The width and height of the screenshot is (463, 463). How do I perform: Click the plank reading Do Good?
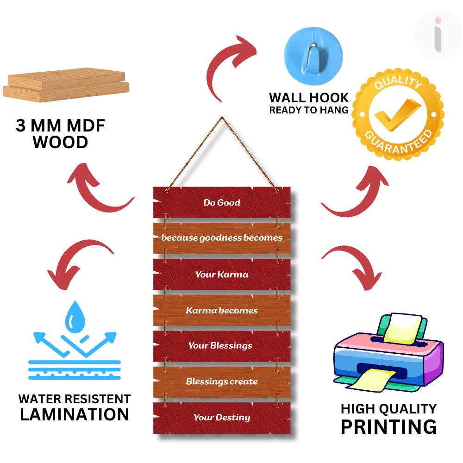pos(222,202)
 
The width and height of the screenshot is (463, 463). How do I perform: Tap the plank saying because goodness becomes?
pos(222,238)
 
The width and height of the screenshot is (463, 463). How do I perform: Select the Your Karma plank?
pos(222,274)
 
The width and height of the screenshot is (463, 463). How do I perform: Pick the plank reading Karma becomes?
pos(222,310)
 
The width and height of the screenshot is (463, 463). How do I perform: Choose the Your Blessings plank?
pos(222,345)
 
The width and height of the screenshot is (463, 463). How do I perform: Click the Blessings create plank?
pos(222,382)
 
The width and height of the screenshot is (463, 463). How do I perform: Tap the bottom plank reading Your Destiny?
pos(222,417)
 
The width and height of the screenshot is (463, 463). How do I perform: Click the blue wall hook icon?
pos(313,55)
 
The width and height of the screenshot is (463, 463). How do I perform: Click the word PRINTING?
pos(388,426)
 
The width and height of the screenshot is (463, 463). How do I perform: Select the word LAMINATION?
pos(75,414)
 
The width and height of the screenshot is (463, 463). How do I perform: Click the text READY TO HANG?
pos(309,110)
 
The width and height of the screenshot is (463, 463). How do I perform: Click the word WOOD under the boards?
pos(61,142)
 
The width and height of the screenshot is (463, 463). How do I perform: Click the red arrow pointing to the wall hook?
pos(231,65)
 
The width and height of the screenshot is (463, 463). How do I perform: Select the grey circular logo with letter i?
pos(438,35)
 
